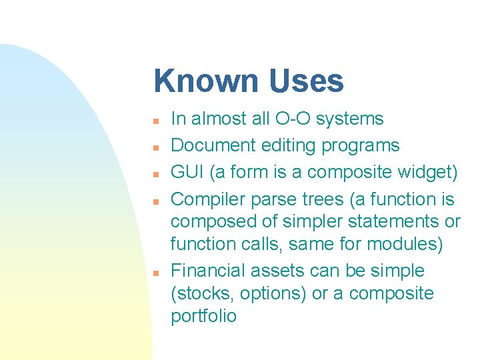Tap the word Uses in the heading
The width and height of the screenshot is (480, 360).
(x=307, y=81)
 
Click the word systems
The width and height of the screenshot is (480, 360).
(x=350, y=119)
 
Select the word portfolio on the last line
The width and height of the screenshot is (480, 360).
(x=203, y=316)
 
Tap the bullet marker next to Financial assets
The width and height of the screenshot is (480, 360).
(x=154, y=273)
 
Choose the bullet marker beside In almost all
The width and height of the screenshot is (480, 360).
(x=154, y=121)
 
